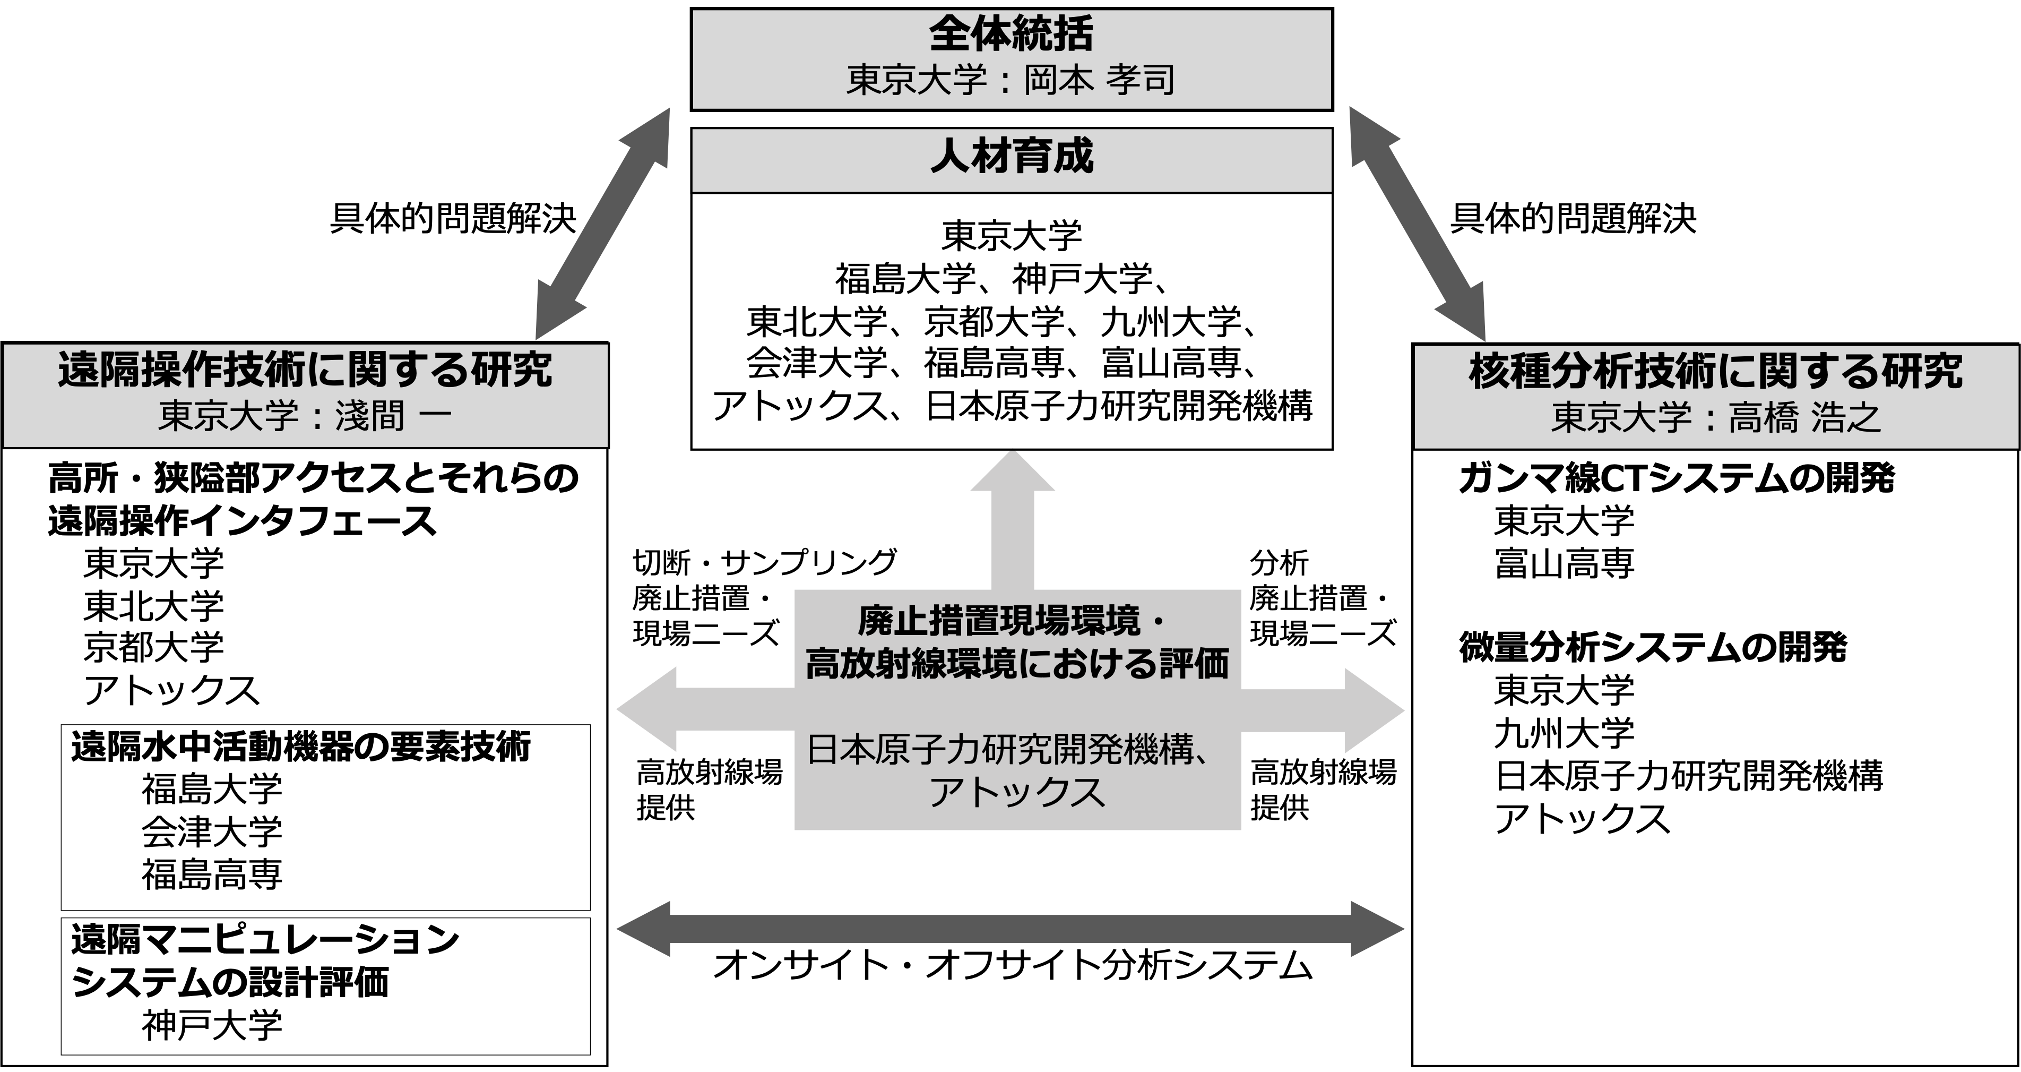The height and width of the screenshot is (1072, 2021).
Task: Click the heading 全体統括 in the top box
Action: pyautogui.click(x=1010, y=35)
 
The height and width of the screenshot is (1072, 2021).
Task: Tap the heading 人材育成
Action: pyautogui.click(x=1011, y=156)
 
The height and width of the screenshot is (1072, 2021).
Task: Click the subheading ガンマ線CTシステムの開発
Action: pyautogui.click(x=1677, y=478)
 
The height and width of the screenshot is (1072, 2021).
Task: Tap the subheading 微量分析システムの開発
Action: pyautogui.click(x=1652, y=647)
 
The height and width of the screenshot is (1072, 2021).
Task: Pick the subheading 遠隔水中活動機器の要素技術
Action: pyautogui.click(x=300, y=747)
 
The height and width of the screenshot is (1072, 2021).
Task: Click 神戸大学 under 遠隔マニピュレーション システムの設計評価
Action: pyautogui.click(x=212, y=1026)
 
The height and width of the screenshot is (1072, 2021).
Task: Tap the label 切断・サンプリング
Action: pyautogui.click(x=764, y=562)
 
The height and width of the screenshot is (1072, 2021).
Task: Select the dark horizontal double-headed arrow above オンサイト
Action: pyautogui.click(x=1010, y=930)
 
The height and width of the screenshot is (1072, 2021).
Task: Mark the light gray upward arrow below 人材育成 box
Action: pyautogui.click(x=1012, y=522)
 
